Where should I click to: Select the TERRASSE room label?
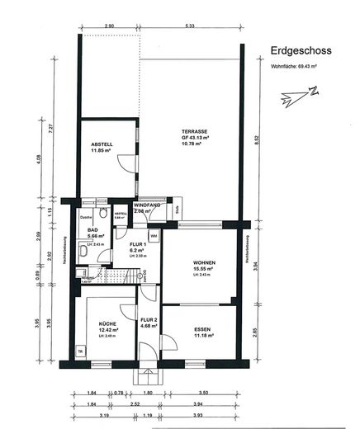coord(195,132)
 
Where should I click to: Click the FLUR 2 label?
coord(149,319)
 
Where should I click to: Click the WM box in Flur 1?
coord(154,237)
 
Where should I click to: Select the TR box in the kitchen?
coord(80,351)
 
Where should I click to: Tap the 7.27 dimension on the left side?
coord(50,128)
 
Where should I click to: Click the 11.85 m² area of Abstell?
coord(101,151)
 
